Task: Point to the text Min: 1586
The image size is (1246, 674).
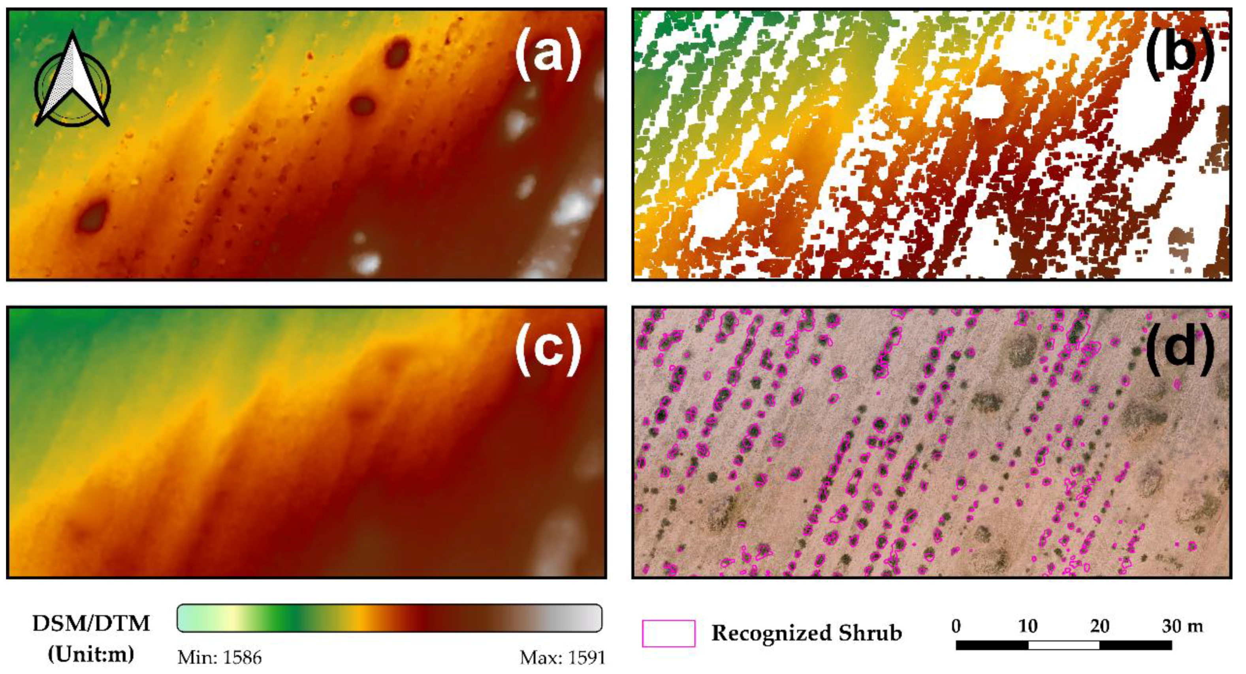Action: click(x=220, y=657)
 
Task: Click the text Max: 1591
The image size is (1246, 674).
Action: click(x=563, y=657)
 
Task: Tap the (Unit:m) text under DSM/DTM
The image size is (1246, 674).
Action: click(x=91, y=654)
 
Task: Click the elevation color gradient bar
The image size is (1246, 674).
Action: click(x=390, y=618)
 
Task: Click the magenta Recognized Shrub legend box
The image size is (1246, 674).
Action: click(x=668, y=633)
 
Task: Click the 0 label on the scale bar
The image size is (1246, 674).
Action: click(x=956, y=626)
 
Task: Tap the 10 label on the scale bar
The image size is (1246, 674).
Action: click(x=1028, y=626)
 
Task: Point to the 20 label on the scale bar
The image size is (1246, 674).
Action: click(x=1099, y=626)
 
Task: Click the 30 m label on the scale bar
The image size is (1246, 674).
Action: click(x=1182, y=626)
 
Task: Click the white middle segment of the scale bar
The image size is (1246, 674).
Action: click(x=1063, y=645)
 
